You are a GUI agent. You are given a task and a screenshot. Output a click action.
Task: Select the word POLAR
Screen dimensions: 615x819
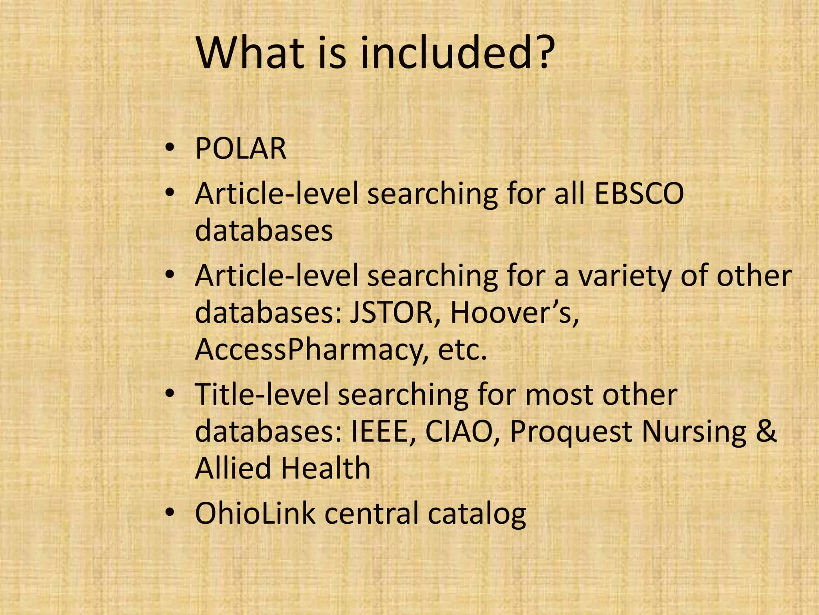(241, 149)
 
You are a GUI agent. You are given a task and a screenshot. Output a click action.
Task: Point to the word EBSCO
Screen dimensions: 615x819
(639, 194)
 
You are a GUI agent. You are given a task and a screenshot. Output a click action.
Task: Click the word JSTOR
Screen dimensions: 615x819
(392, 313)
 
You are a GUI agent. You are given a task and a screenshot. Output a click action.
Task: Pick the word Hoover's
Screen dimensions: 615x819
(515, 313)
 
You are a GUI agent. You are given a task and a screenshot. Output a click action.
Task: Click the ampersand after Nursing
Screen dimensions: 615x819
(766, 432)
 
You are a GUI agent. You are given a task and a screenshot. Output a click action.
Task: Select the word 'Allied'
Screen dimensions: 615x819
(232, 468)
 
